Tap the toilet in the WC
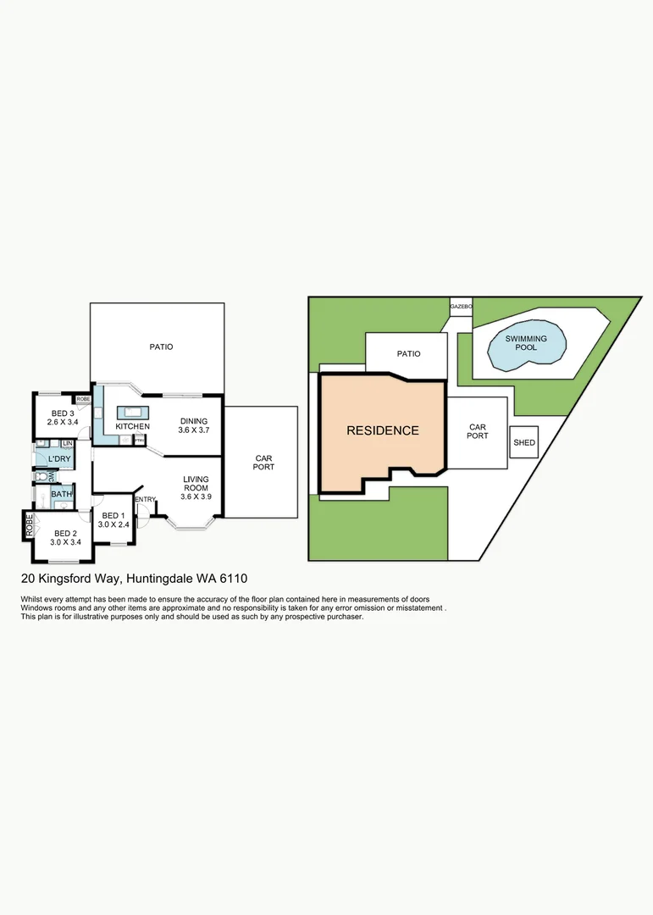pos(39,477)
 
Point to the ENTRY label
pos(145,499)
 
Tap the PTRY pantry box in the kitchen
pos(138,440)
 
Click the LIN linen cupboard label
pos(66,443)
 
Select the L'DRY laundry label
pos(59,459)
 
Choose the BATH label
pos(61,494)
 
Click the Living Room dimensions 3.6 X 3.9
pos(196,496)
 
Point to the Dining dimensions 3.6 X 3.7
pos(192,431)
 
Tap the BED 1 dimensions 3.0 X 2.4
pos(113,524)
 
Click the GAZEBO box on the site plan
pos(461,305)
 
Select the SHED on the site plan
pos(524,442)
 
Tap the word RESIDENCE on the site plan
pos(383,430)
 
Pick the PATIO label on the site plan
pos(408,354)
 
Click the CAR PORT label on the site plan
pos(478,431)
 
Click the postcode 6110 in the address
pos(231,579)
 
